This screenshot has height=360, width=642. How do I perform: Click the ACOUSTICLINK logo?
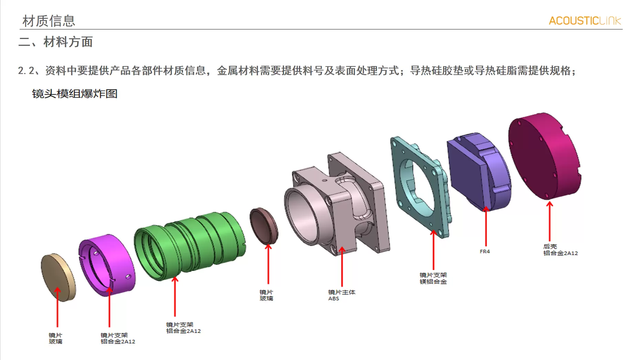[585, 21]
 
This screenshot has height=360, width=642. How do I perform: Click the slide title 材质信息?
[49, 21]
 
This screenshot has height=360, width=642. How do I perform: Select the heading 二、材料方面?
[55, 42]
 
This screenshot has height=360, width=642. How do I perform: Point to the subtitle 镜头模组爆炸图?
[75, 94]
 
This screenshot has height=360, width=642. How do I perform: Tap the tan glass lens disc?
[58, 276]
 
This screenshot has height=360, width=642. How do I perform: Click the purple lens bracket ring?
[107, 264]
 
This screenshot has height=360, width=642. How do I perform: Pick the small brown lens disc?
[264, 226]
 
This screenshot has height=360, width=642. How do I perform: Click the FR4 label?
[485, 252]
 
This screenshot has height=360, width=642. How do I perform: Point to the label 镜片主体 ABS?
[341, 295]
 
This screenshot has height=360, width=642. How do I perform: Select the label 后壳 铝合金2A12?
[560, 250]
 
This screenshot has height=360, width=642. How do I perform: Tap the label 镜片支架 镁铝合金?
[433, 278]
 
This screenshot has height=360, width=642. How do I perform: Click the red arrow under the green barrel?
[175, 296]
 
